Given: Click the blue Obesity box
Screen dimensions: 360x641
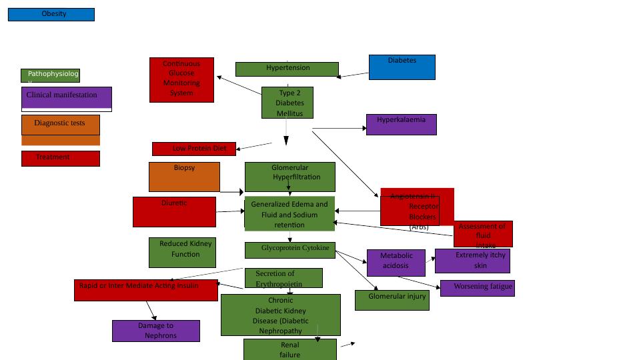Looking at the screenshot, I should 51,15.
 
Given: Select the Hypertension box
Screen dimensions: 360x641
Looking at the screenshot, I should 287,69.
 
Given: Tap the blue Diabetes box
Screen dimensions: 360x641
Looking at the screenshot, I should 402,67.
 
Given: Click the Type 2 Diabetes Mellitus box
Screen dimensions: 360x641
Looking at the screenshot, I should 287,103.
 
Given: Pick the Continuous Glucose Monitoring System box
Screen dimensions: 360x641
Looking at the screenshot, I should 181,80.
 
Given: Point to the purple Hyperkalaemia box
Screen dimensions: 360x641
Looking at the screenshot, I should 401,125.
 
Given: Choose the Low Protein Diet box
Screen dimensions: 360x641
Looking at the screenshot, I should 194,149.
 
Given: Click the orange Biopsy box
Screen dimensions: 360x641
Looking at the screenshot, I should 184,177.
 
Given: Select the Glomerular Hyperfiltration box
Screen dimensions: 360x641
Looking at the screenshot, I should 289,177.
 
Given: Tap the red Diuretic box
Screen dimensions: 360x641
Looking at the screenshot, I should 174,211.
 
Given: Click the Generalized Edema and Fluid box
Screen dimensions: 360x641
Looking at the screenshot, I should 289,214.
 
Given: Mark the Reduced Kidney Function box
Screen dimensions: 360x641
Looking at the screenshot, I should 182,253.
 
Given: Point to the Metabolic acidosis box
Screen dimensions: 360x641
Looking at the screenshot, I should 396,263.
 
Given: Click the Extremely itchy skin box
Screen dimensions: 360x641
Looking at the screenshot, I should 472,261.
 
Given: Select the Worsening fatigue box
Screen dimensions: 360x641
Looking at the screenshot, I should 477,289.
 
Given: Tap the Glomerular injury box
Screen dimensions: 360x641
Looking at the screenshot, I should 392,300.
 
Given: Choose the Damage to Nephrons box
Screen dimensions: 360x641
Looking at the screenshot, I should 156,331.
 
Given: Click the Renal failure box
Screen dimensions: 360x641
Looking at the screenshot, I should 289,349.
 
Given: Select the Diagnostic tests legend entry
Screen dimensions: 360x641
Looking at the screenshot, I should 61,125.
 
